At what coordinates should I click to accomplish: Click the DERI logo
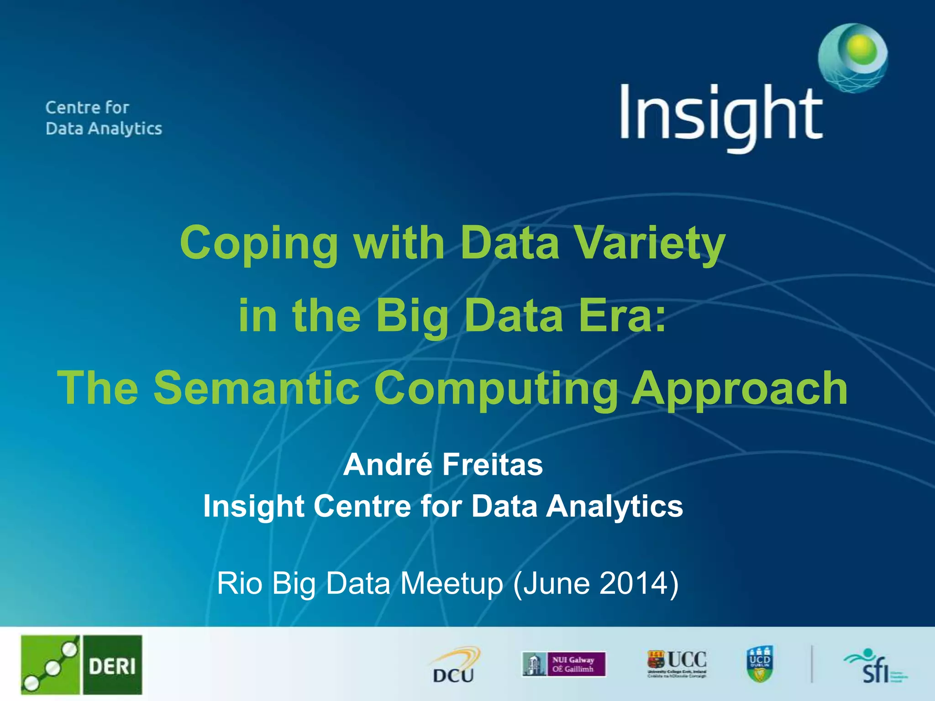pyautogui.click(x=81, y=664)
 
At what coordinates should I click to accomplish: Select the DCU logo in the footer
pyautogui.click(x=454, y=665)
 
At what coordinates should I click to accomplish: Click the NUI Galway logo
pyautogui.click(x=564, y=664)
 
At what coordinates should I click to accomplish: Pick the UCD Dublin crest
pyautogui.click(x=760, y=664)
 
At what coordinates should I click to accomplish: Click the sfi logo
pyautogui.click(x=874, y=667)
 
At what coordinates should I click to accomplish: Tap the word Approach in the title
pyautogui.click(x=740, y=389)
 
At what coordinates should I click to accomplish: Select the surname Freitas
pyautogui.click(x=493, y=465)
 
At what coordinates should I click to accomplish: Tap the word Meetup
pyautogui.click(x=452, y=584)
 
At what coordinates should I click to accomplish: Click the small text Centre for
pyautogui.click(x=87, y=108)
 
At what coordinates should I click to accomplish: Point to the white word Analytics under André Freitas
pyautogui.click(x=614, y=507)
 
